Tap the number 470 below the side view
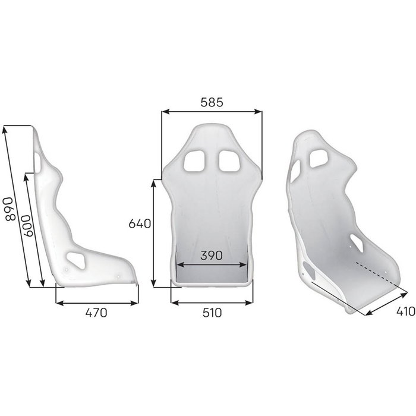pos(96,313)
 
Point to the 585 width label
pos(211,102)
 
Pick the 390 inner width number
pos(211,256)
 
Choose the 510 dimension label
pos(211,313)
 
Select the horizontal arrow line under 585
pos(212,111)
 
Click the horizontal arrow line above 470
pos(96,302)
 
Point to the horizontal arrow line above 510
pos(211,302)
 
